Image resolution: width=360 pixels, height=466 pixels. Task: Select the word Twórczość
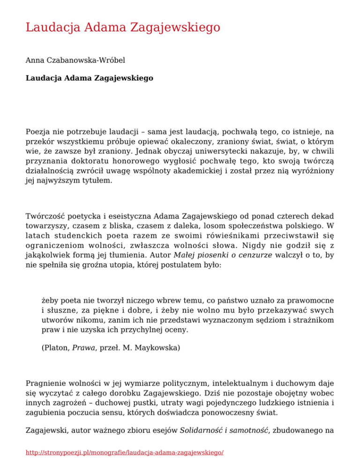point(45,216)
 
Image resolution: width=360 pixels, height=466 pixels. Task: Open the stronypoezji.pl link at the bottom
point(125,453)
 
